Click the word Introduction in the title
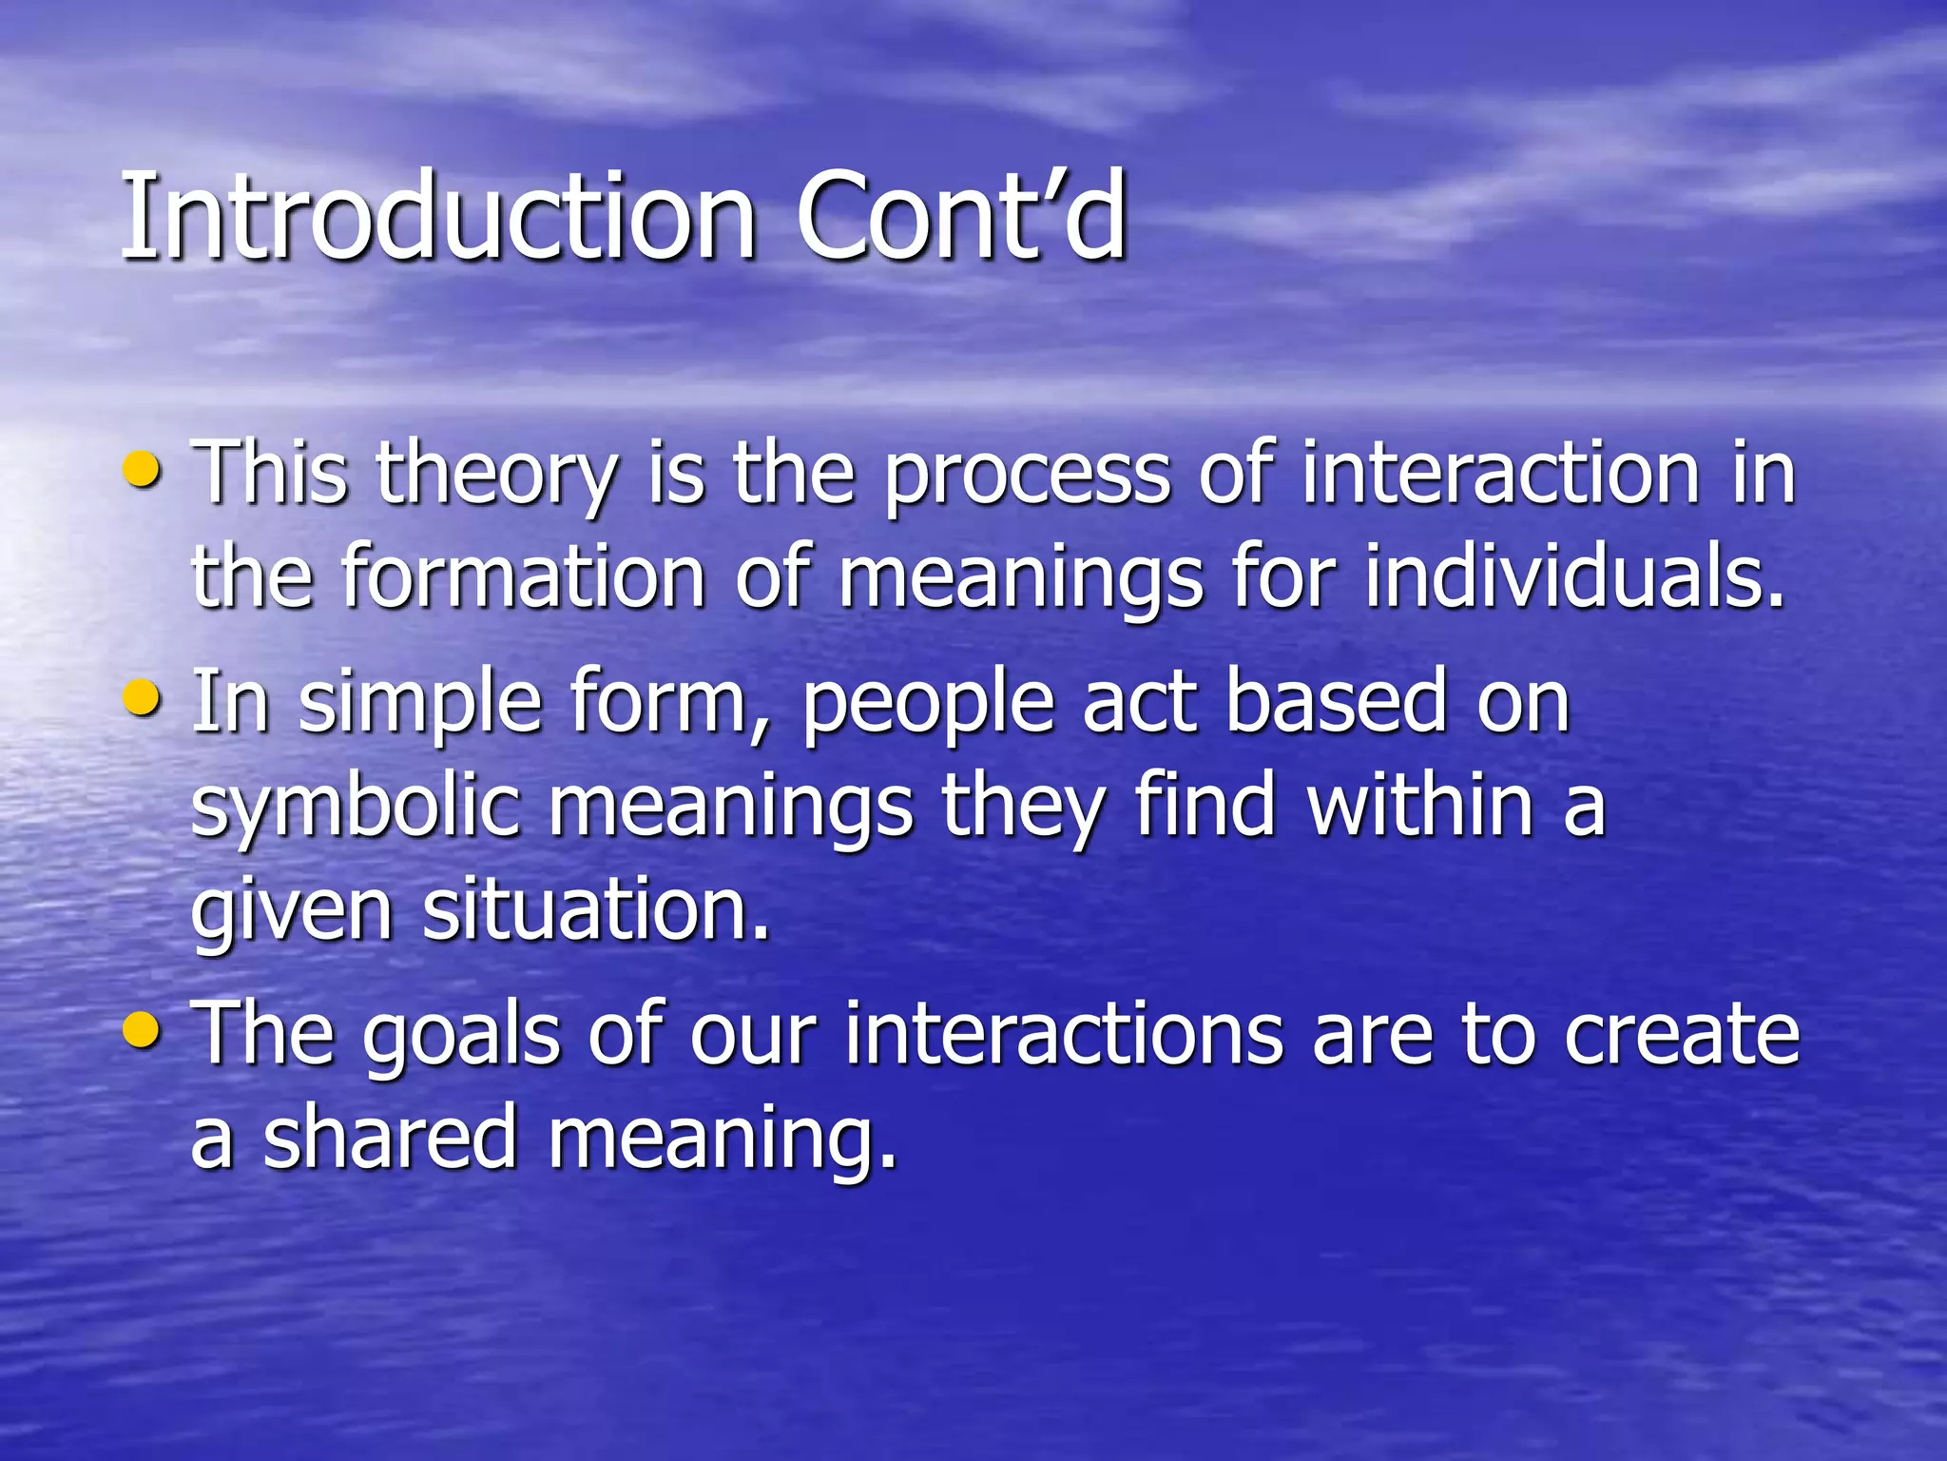coord(437,217)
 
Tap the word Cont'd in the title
coord(960,217)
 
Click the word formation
coord(523,577)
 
